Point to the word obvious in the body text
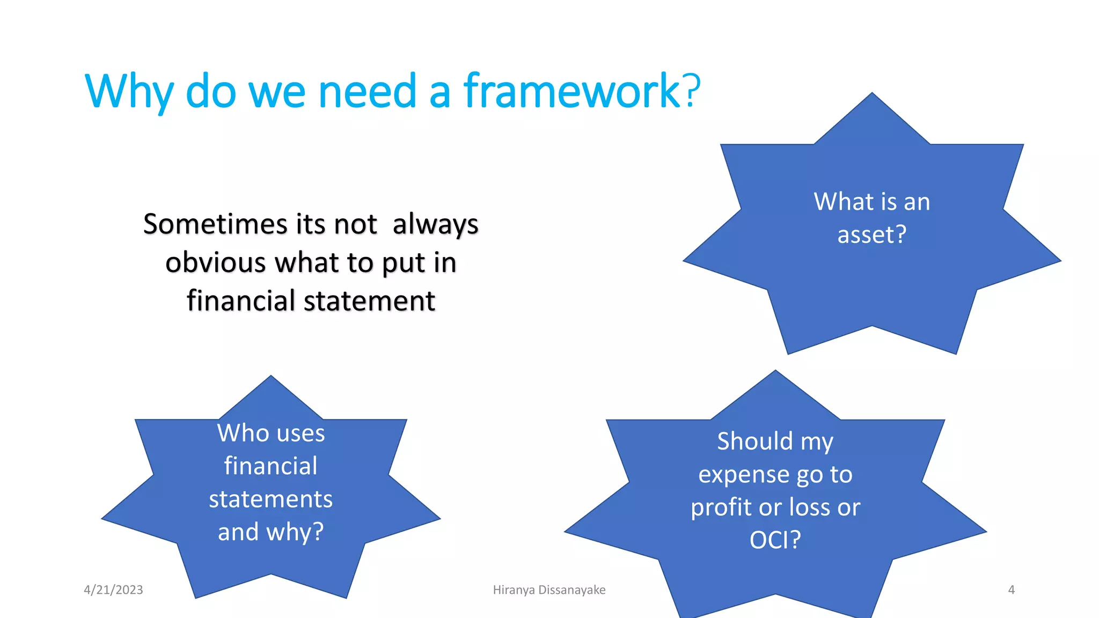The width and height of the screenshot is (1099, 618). click(216, 262)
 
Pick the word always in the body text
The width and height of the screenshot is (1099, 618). click(435, 225)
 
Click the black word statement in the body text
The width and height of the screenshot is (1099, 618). click(369, 300)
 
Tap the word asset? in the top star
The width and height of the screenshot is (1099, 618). click(872, 234)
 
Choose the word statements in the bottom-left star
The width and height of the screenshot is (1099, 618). click(271, 499)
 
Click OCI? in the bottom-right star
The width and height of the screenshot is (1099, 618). click(775, 540)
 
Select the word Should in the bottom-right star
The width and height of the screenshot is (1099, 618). click(754, 442)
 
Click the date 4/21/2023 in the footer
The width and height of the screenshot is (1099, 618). click(113, 590)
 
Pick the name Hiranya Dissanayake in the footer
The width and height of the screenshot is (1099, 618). click(549, 590)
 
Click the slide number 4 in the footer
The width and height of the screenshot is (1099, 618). click(1011, 590)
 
